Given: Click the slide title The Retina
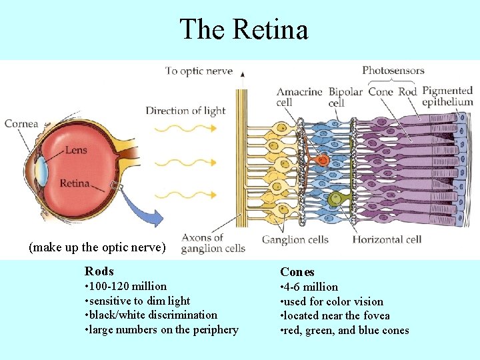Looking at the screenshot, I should (243, 29).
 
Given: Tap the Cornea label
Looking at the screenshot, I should (21, 123).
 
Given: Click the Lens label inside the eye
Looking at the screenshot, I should (75, 150).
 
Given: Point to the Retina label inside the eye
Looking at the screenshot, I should (74, 183).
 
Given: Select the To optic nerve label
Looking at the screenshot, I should (199, 71).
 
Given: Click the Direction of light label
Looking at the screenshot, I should (185, 111).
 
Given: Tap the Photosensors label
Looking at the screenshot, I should (393, 70).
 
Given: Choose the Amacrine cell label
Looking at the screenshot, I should (299, 97).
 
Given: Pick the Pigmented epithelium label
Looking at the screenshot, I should (447, 97).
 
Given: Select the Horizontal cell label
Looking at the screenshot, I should (387, 239).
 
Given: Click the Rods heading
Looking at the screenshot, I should (99, 271).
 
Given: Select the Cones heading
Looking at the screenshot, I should (297, 272).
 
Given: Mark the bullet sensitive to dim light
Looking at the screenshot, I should (137, 301).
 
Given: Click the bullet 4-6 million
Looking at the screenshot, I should (309, 287).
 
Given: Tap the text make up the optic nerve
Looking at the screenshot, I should (97, 247).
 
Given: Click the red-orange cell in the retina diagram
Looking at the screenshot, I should (322, 160).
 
